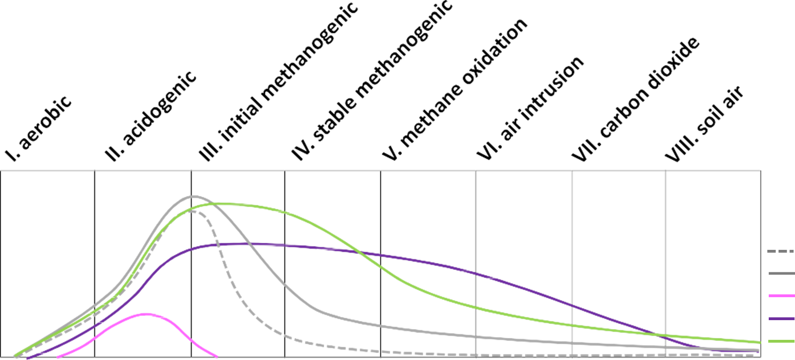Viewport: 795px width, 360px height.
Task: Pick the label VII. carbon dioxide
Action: point(636,100)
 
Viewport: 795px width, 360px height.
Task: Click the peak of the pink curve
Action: point(146,314)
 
